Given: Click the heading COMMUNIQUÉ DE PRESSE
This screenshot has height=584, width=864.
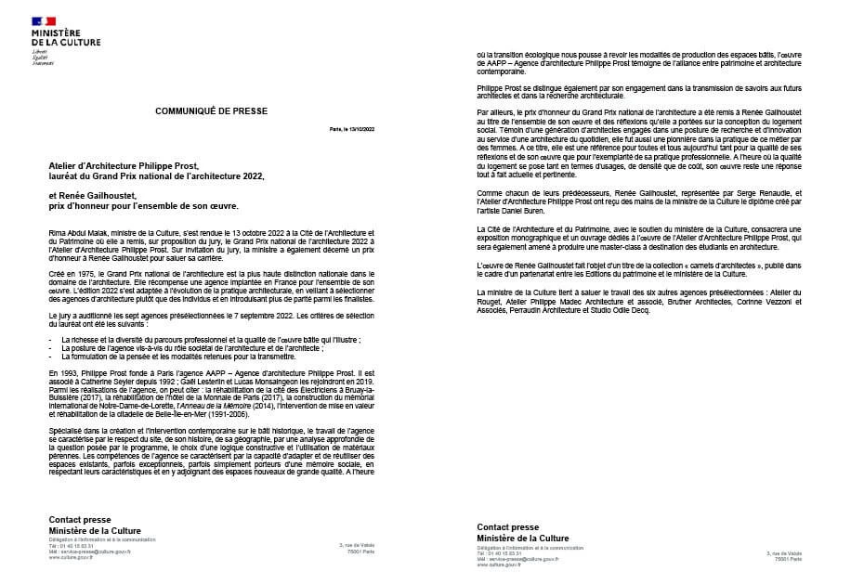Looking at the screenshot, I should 211,110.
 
